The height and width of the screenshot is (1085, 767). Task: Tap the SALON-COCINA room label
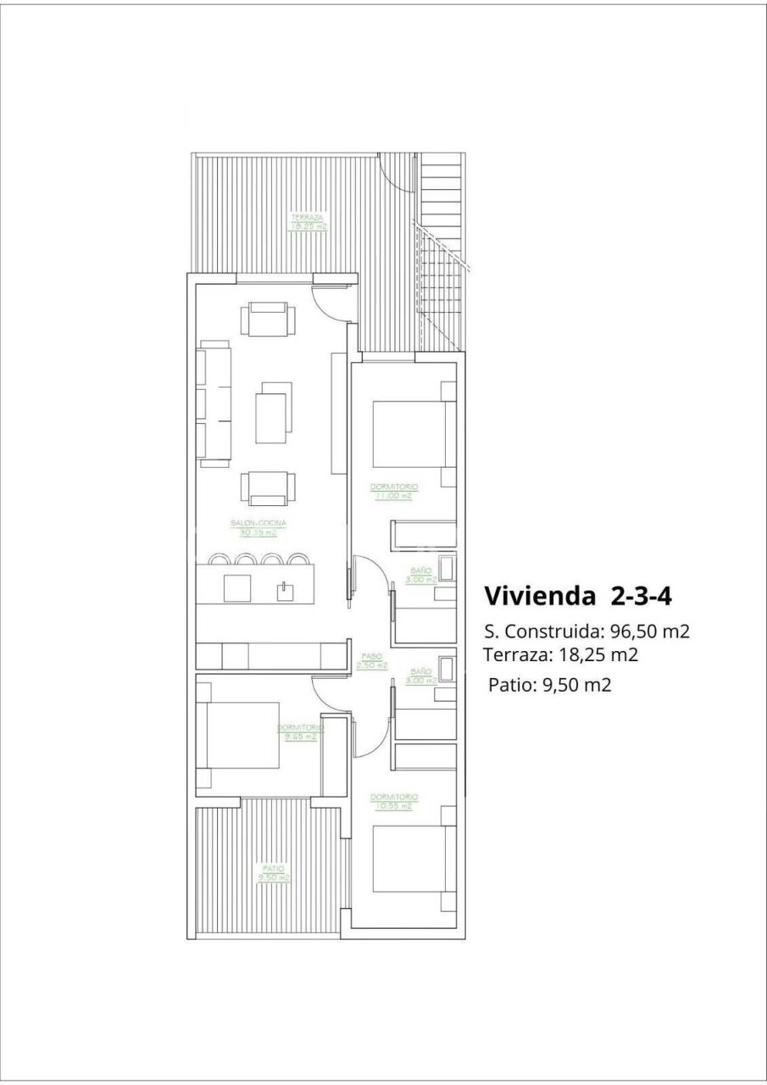click(x=258, y=528)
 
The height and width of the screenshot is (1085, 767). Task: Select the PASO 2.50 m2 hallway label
click(x=371, y=661)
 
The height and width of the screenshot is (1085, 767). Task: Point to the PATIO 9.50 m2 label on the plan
click(x=274, y=873)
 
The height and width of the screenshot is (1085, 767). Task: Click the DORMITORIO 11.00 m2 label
click(x=394, y=491)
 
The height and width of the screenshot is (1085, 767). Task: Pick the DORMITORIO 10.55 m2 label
click(x=394, y=801)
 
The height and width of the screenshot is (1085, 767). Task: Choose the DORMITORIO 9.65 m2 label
click(x=300, y=732)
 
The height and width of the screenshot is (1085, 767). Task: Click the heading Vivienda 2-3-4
click(x=578, y=596)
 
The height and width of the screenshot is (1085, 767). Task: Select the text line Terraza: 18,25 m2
click(x=560, y=654)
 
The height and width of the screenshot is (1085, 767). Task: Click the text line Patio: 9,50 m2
click(x=549, y=686)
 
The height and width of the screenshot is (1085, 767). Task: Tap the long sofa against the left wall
click(x=214, y=403)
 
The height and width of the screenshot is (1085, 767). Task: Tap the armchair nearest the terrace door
click(x=270, y=321)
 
